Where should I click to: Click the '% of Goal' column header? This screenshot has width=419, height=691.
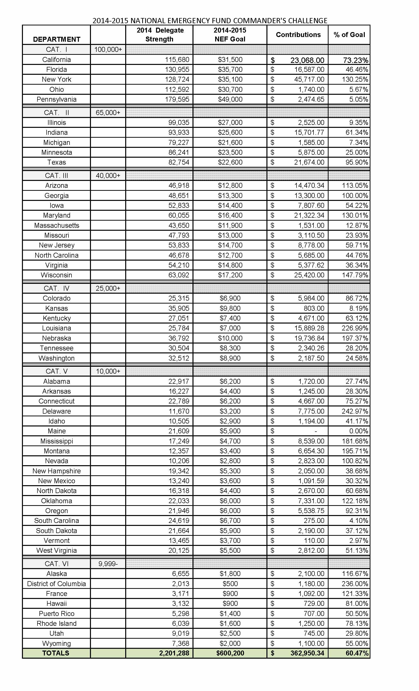point(349,35)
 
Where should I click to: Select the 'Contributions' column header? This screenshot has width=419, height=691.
point(298,35)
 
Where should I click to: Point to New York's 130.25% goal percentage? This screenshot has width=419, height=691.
point(355,79)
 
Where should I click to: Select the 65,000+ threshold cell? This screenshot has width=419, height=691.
point(108,113)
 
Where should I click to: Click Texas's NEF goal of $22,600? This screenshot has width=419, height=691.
point(230,162)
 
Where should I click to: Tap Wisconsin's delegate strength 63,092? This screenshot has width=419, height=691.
point(179,275)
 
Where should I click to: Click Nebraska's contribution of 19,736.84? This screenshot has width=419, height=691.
point(309,338)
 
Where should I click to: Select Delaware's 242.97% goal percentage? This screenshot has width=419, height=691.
point(355,411)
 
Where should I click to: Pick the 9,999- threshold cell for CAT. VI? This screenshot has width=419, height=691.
point(108,564)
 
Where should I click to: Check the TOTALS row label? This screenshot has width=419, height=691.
point(56,653)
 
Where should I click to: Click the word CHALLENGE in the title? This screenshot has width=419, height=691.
point(308,20)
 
